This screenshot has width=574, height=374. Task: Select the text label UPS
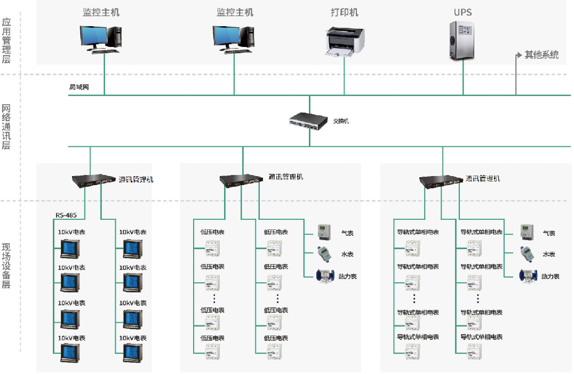[x=463, y=12]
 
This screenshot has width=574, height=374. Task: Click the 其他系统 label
[x=541, y=54]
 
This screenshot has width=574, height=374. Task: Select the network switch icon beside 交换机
[x=308, y=121]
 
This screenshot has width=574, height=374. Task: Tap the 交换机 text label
[x=341, y=121]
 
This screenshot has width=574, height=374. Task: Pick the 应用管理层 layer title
[x=6, y=41]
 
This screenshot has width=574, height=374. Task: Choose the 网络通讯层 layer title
[x=6, y=127]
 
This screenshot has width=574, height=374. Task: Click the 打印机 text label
[x=345, y=12]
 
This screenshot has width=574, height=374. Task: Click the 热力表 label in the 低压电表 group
[x=347, y=276]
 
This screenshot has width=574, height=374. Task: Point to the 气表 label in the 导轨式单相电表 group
[x=549, y=233]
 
